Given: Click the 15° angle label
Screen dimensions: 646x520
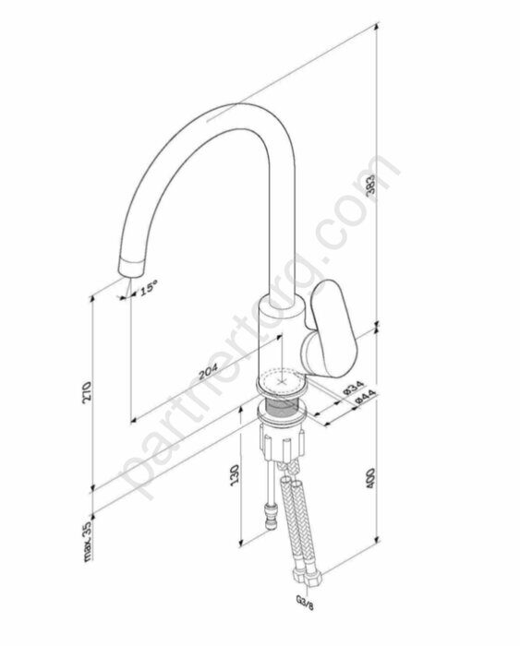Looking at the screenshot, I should pos(149,290).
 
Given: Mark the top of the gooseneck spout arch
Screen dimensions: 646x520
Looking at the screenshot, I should pos(222,115).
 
